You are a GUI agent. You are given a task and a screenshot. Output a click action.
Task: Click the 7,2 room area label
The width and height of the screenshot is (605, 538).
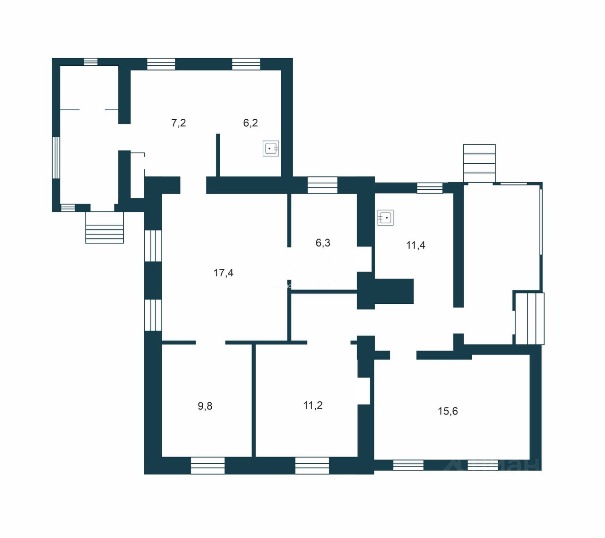[x=178, y=123]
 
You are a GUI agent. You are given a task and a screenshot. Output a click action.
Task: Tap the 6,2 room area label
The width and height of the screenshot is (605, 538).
[x=250, y=123]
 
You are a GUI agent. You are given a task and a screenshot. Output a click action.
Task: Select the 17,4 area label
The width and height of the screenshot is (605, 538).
[x=223, y=273]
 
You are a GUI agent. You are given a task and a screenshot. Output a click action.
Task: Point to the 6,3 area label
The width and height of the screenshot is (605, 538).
[x=323, y=243]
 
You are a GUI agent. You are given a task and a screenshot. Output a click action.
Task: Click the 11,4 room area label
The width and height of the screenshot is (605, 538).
[x=415, y=245]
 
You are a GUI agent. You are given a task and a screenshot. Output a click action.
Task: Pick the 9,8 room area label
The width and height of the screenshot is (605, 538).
[x=205, y=406]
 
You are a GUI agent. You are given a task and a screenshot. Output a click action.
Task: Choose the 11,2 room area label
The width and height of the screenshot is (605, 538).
[x=313, y=406]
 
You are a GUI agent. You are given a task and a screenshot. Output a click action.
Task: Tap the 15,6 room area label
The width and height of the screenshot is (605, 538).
[x=448, y=411]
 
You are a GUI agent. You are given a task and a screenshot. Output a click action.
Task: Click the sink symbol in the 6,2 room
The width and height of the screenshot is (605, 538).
[x=271, y=149]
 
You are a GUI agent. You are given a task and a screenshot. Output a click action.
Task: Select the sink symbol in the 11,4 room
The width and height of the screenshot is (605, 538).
[x=386, y=218]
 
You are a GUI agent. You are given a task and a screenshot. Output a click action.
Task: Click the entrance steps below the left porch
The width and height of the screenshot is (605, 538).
[x=104, y=228]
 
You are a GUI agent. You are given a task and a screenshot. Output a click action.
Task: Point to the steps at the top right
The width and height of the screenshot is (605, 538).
[x=479, y=163]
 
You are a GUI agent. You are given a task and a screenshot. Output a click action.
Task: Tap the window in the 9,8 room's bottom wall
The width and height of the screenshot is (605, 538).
[x=207, y=465]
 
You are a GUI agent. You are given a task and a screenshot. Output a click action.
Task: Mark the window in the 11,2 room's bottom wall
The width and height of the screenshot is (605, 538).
[x=312, y=465]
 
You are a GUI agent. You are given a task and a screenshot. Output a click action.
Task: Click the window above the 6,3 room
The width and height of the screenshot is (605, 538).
[x=322, y=185]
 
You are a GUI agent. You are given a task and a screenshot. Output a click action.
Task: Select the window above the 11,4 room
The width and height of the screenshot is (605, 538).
[x=430, y=188]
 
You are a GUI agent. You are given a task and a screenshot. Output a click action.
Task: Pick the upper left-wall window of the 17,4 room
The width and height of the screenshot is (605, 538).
[x=153, y=246]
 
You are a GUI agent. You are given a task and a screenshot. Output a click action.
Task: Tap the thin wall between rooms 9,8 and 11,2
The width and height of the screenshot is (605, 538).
[x=254, y=400]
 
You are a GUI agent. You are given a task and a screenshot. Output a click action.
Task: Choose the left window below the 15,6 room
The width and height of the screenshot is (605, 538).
[x=408, y=465]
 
